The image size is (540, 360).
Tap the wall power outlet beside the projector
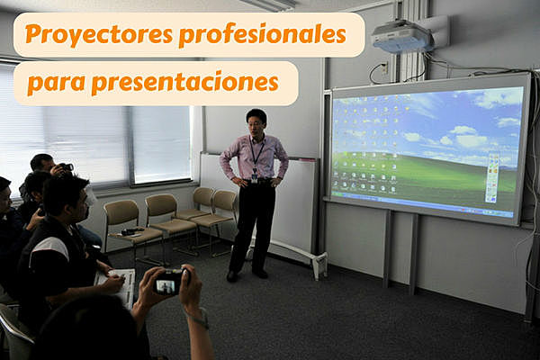click(x=384, y=67)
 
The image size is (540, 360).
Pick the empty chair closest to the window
click(x=122, y=225)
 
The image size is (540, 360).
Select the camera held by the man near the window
click(x=65, y=167)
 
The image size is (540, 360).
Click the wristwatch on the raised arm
click(x=199, y=318)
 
